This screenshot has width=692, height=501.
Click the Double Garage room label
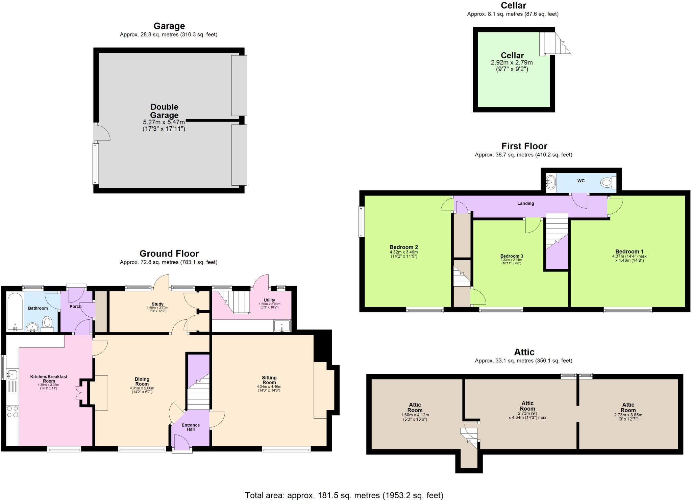[164, 111]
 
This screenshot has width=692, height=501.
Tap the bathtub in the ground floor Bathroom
[15, 311]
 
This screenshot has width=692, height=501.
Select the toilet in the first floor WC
[608, 183]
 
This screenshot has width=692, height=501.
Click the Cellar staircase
[553, 44]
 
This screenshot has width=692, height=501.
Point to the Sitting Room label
[269, 380]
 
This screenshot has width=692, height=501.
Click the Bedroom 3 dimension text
[511, 262]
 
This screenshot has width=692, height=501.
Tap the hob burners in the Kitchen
[13, 412]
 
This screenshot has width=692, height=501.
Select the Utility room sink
[282, 326]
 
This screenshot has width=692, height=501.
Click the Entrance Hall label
[191, 427]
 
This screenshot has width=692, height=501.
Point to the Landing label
[525, 203]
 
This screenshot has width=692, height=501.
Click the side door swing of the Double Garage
[102, 133]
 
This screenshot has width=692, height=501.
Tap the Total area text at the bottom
[344, 495]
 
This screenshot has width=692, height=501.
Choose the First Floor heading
[524, 146]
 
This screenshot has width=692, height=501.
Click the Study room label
[157, 304]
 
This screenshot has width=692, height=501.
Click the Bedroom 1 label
[629, 252]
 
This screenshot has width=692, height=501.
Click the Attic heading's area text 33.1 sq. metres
[523, 361]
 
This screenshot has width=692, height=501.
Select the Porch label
[75, 307]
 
